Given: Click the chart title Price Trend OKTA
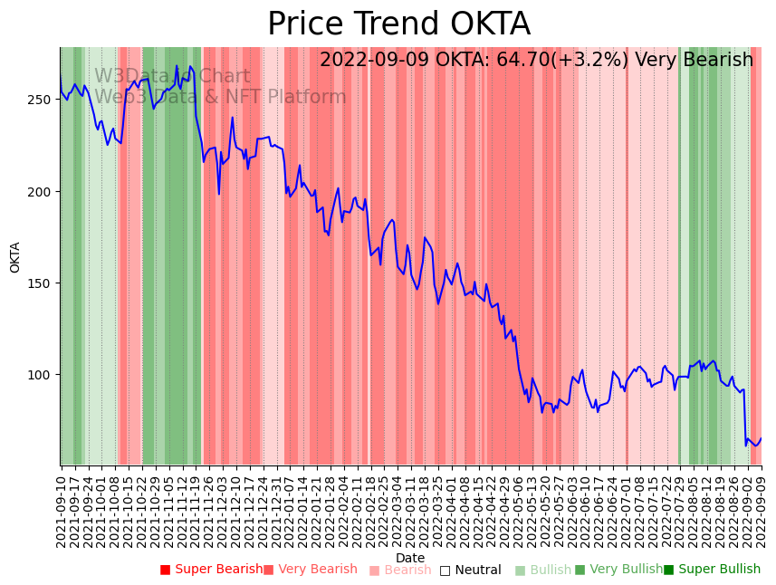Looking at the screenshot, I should pyautogui.click(x=398, y=24).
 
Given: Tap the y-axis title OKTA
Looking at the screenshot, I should pyautogui.click(x=15, y=257).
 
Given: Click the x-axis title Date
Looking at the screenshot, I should pyautogui.click(x=409, y=558).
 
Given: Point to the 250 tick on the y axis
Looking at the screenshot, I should pyautogui.click(x=43, y=99).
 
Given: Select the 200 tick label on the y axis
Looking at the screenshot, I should pyautogui.click(x=43, y=191).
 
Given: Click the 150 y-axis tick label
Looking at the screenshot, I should pyautogui.click(x=43, y=283).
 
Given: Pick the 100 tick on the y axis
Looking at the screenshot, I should pyautogui.click(x=43, y=375).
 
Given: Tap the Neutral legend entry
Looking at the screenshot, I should pyautogui.click(x=471, y=570).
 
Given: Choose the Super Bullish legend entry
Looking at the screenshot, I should pyautogui.click(x=712, y=570).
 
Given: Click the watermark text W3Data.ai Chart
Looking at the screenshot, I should pyautogui.click(x=172, y=77).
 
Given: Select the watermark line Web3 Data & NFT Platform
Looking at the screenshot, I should pyautogui.click(x=220, y=97).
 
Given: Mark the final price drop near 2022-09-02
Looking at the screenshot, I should pyautogui.click(x=745, y=418).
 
